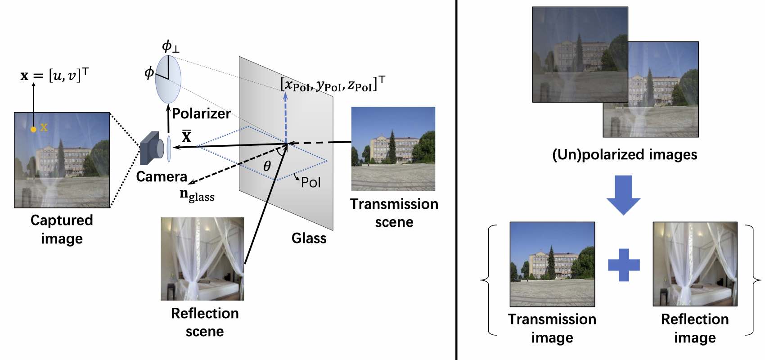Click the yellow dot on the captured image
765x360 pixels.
point(33,130)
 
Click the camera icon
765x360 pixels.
point(151,148)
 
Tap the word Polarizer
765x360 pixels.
point(201,113)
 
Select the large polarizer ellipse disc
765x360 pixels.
point(168,79)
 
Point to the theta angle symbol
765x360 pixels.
point(267,166)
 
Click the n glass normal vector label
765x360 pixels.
point(197,195)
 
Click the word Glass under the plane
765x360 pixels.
point(309,238)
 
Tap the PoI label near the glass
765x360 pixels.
point(310,182)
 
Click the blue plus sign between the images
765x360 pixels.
point(624,265)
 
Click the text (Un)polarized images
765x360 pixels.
point(625,155)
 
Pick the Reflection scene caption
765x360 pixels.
point(205,322)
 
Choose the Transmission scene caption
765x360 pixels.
point(394,213)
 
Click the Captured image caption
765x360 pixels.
point(62,229)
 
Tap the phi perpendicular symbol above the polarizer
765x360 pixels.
point(170,46)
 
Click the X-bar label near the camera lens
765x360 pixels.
point(186,136)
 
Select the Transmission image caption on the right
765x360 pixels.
point(552,328)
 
